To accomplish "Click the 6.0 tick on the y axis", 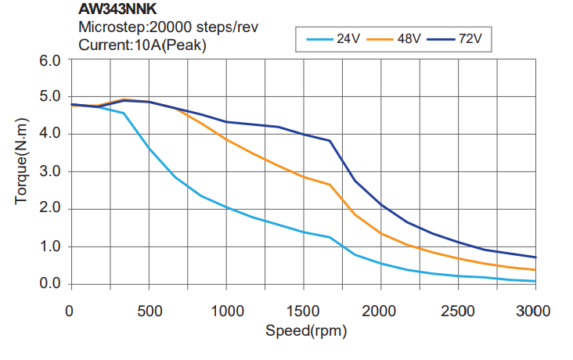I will click(x=49, y=60).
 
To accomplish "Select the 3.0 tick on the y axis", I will click(x=49, y=171).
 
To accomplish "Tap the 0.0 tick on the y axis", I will click(x=49, y=283).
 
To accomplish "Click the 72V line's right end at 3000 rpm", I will click(x=535, y=257).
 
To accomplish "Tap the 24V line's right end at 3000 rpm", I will click(x=535, y=281).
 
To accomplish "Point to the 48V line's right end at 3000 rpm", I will click(x=535, y=269).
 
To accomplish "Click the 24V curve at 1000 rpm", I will click(x=225, y=207).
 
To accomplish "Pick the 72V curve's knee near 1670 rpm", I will click(x=330, y=141).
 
